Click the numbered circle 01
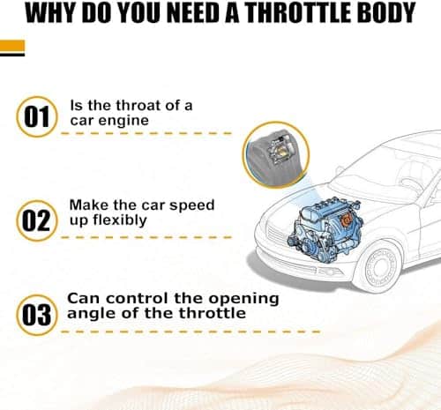37,116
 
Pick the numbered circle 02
37,220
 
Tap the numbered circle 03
37,315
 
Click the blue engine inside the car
325,230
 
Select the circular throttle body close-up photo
276,155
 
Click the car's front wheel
379,267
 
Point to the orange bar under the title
12,47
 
